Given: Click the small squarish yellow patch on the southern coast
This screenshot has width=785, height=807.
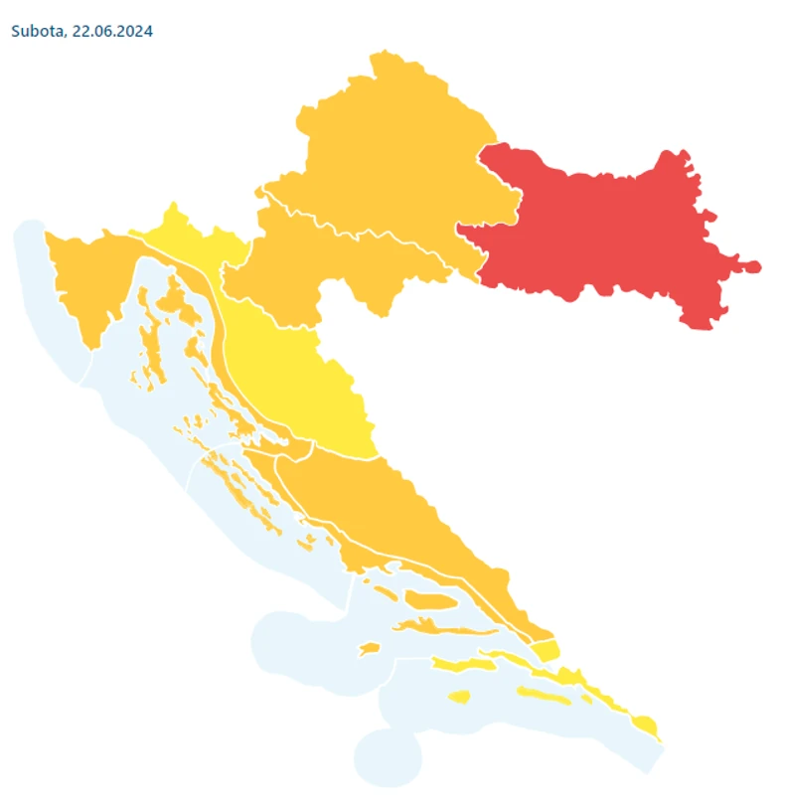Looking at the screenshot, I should (x=546, y=651).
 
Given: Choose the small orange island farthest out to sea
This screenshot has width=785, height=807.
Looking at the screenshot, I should (x=369, y=649).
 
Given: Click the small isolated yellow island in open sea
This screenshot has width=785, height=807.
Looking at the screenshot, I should (x=458, y=697).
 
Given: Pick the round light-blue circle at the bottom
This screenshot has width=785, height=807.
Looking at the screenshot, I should (x=388, y=757).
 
